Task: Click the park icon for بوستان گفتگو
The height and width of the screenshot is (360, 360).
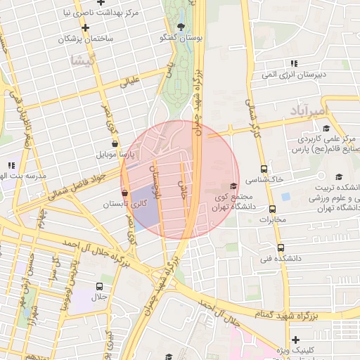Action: pos(181,26)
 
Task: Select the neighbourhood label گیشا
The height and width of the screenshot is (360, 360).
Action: pos(83,60)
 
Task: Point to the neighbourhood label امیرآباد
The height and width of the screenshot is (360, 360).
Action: pos(309,111)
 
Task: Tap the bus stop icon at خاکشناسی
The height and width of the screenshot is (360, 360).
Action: pos(264,169)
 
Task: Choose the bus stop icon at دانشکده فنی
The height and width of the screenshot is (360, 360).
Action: pos(281,247)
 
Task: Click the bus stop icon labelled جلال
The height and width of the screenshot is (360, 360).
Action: pos(98,286)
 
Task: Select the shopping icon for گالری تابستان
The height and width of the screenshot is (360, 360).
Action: pos(125,193)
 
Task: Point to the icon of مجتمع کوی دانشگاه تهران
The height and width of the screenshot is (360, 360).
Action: pos(233,186)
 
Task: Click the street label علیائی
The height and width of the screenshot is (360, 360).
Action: pos(131,82)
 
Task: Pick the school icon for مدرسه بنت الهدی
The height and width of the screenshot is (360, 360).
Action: pos(11,166)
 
